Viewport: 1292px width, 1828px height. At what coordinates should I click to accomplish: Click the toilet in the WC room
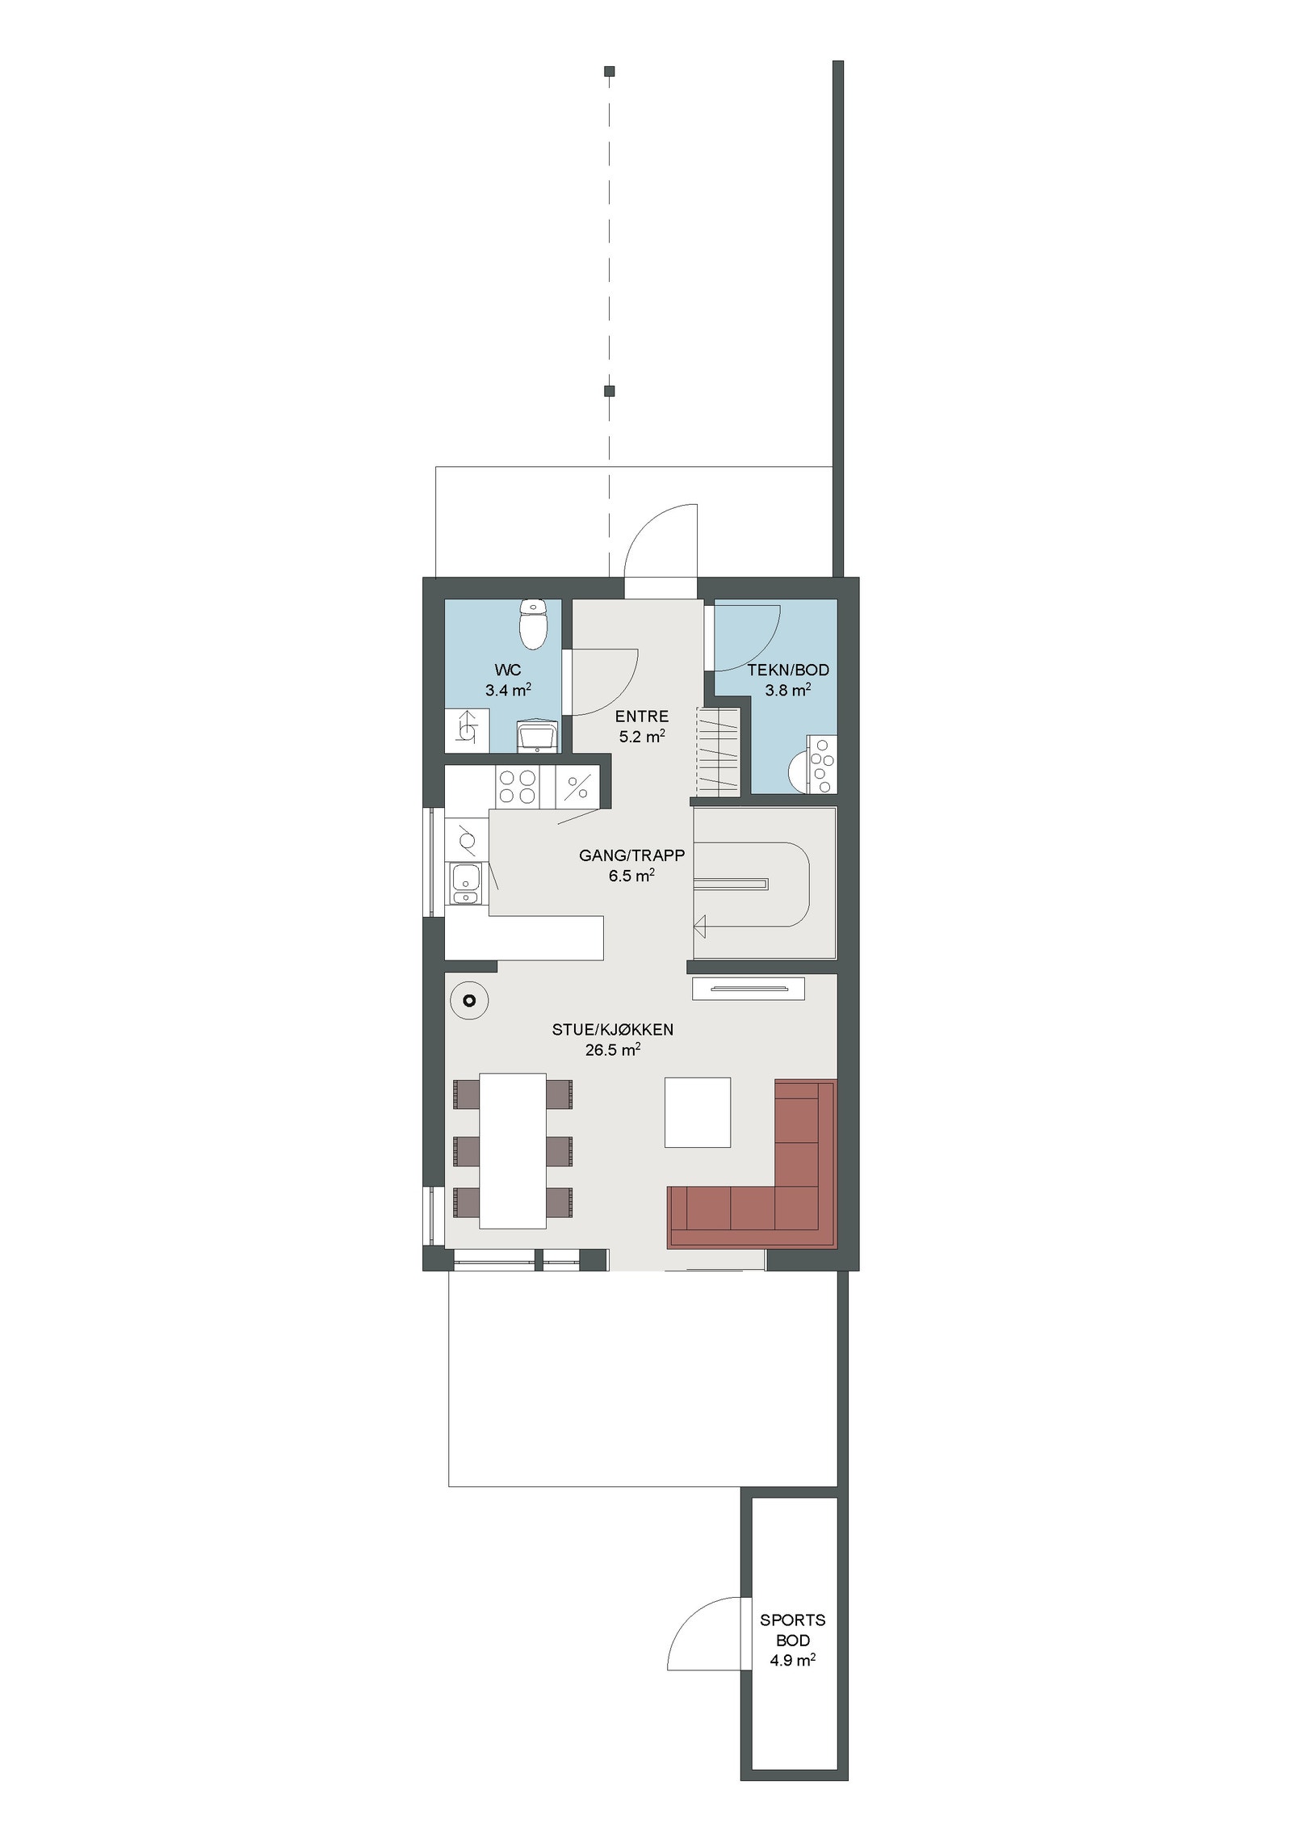coord(534,625)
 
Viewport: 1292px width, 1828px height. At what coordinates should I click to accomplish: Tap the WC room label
coord(508,670)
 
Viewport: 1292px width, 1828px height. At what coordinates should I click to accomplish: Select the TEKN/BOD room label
coord(787,670)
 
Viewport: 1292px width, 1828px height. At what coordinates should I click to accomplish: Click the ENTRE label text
coord(642,716)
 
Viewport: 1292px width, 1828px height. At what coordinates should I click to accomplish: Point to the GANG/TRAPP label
coord(631,855)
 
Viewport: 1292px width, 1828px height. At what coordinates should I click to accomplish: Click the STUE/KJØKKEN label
coord(613,1029)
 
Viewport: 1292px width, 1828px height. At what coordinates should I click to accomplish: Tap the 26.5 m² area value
coord(613,1050)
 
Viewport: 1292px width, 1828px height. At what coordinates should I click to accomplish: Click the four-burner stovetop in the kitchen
coord(518,786)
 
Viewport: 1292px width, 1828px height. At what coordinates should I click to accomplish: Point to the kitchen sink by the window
coord(466,882)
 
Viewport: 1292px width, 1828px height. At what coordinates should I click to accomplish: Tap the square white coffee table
coord(697,1112)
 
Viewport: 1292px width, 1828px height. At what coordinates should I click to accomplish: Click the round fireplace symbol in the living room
coord(468,1001)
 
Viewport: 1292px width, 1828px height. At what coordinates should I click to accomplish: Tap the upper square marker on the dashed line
coord(609,71)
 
